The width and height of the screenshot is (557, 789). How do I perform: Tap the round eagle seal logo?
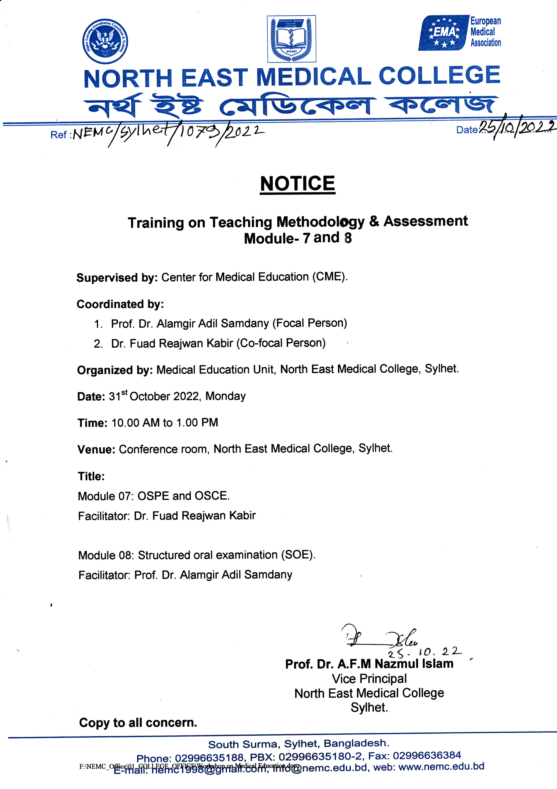pos(105,41)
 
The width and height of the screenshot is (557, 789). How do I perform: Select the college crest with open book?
pos(292,39)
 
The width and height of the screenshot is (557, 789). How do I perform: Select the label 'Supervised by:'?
pos(117,278)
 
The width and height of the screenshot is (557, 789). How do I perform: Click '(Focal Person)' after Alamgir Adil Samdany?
pos(310,323)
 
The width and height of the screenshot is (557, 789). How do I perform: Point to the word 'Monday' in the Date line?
pos(226,396)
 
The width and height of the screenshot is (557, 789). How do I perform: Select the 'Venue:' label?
pos(96,449)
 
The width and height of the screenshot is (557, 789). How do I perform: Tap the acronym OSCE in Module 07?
pos(211,496)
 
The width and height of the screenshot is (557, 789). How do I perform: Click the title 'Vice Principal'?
pos(369,679)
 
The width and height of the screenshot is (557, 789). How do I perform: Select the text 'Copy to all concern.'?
pos(138,723)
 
